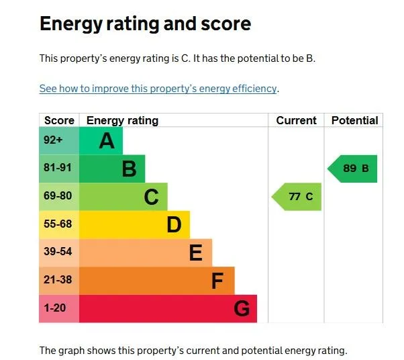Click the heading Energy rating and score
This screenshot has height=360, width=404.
point(145,24)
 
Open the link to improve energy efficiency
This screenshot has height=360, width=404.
point(158,89)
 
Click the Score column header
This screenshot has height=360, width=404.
point(59,121)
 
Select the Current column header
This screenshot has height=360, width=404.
point(296,121)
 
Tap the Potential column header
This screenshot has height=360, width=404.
point(354,121)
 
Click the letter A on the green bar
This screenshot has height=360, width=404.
point(106,141)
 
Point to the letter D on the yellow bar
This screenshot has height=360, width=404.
point(174,225)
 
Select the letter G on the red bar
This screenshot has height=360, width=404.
point(242,309)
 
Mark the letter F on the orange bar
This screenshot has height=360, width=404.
point(217,281)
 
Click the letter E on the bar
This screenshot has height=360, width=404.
point(195,253)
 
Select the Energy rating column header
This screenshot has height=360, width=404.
point(122,121)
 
